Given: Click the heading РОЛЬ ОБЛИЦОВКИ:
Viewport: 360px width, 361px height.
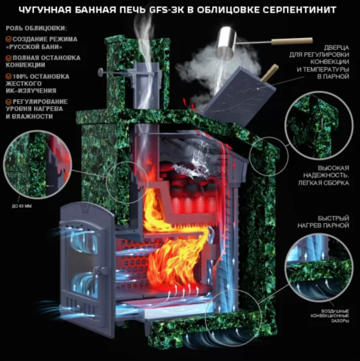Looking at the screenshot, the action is (x=37, y=28).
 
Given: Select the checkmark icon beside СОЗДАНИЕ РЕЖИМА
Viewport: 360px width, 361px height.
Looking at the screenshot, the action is (x=9, y=39).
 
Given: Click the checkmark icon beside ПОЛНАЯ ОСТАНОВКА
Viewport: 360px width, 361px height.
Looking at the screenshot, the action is (x=9, y=58).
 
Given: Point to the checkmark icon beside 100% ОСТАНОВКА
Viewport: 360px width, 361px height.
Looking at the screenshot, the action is (x=9, y=76).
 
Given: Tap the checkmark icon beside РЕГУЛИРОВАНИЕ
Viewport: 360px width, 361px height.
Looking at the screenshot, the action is (x=9, y=102).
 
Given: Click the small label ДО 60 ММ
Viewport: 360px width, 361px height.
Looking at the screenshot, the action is (x=22, y=206).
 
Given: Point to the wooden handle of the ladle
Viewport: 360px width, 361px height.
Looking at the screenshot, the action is (x=292, y=41).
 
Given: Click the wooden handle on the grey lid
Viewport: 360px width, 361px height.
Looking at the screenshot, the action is (x=269, y=73).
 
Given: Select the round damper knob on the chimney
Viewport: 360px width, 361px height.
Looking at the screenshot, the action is (x=101, y=72).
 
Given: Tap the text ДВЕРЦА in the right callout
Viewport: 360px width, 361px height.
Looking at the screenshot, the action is (x=337, y=48).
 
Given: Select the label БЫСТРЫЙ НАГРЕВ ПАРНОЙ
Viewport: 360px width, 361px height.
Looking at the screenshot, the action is (x=323, y=222).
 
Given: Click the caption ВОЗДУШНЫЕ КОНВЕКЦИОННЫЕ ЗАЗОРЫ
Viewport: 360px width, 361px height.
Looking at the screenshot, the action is (x=330, y=315).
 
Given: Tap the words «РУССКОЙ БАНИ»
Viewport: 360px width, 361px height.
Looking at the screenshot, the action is (x=34, y=47).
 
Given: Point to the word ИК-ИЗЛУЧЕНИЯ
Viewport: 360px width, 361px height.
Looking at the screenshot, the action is (x=31, y=91).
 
